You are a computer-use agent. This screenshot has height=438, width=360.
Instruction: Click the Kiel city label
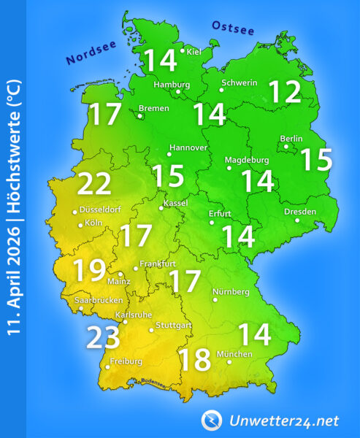point(194,51)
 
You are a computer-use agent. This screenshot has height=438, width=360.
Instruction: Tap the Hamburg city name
point(172,84)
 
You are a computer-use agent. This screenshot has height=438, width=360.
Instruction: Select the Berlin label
point(292,139)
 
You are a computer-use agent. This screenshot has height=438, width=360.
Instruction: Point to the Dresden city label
point(301,212)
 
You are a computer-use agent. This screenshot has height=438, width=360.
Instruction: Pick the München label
point(234,354)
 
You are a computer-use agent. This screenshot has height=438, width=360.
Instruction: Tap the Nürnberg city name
point(231,292)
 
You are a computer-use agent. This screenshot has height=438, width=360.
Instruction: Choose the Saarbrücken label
point(99,300)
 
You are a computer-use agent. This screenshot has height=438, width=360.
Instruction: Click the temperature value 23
point(104,337)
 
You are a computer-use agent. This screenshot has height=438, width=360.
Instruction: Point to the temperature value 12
point(284,92)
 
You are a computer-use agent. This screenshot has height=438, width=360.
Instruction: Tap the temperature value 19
point(88,272)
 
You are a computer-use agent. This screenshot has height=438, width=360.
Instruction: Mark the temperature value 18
point(194,359)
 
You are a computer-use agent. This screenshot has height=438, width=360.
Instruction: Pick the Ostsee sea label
point(233,28)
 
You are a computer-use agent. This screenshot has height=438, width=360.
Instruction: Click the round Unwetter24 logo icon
point(212,420)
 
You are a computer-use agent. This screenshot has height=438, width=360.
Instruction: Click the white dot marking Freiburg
point(107,367)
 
